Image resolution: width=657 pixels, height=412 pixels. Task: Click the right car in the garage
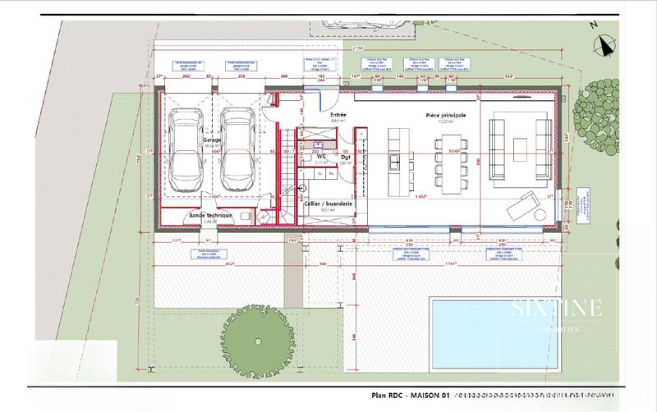(x=238, y=149)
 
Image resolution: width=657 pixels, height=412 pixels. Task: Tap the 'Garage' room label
(x=212, y=140)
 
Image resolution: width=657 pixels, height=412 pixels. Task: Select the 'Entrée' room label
(x=338, y=115)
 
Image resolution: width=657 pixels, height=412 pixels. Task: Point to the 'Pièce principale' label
(x=446, y=116)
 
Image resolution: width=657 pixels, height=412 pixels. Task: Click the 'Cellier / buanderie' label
(x=328, y=203)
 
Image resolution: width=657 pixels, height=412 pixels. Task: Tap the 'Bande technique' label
(x=210, y=216)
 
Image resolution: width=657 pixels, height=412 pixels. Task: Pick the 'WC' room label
(x=324, y=156)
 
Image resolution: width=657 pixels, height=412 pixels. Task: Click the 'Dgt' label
(x=346, y=156)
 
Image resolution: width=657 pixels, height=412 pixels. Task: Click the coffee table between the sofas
(x=519, y=149)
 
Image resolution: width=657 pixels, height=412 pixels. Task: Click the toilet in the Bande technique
(x=264, y=217)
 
